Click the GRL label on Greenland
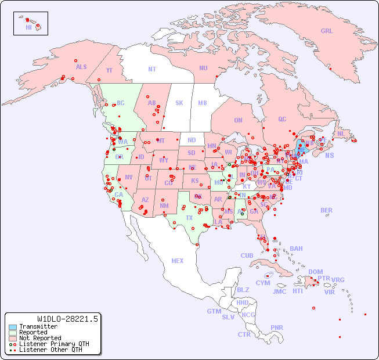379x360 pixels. [x=327, y=31]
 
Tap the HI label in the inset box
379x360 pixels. [x=28, y=27]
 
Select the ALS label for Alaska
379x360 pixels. [x=81, y=67]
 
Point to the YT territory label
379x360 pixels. [x=109, y=70]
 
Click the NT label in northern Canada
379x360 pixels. [x=151, y=69]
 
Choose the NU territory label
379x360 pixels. [x=203, y=68]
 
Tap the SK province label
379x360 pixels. [x=179, y=103]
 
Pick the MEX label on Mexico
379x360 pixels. [x=178, y=261]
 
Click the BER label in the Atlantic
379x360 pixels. [x=326, y=210]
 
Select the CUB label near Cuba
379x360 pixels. [x=247, y=255]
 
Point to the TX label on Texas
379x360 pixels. [x=189, y=218]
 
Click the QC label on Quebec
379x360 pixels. [x=282, y=119]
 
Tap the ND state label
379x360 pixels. [x=192, y=140]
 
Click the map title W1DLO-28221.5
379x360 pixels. [x=67, y=319]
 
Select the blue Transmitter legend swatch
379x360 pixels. [x=12, y=327]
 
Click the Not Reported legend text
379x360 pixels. [x=39, y=338]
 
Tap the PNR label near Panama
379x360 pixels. [x=277, y=327]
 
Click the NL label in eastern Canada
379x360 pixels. [x=341, y=133]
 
